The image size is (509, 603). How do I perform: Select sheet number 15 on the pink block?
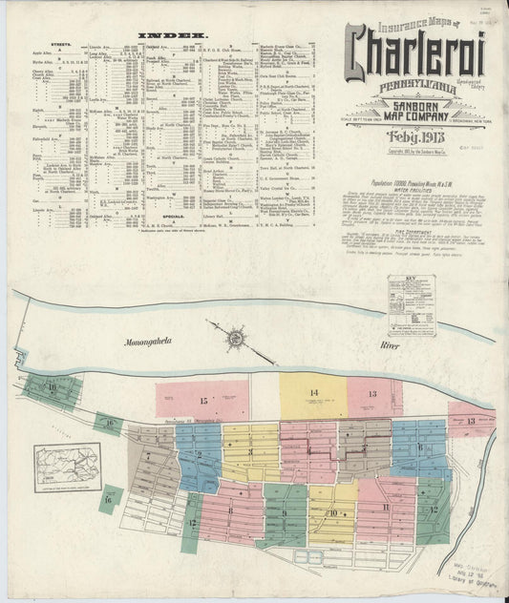click(x=203, y=400)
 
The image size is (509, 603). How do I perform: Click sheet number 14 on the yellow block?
click(x=312, y=393)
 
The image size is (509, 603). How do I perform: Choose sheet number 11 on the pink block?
click(x=384, y=508)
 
